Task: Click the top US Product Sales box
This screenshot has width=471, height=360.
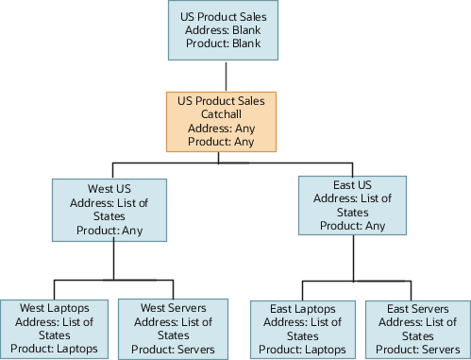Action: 224,30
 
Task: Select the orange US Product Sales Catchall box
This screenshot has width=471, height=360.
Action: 223,121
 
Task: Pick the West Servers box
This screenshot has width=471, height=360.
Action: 173,328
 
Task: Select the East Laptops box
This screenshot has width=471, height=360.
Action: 302,328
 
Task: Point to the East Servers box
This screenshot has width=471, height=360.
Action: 418,328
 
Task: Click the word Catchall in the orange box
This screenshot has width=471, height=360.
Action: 223,113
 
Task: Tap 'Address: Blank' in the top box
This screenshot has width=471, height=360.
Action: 224,31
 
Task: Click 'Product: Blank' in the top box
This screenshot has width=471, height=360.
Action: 224,45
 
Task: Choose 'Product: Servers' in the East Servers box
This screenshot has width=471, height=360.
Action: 418,349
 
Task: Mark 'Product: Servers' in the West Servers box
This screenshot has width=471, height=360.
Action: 173,349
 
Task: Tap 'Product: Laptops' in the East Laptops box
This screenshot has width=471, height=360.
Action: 302,349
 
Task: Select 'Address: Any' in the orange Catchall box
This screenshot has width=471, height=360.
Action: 223,128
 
